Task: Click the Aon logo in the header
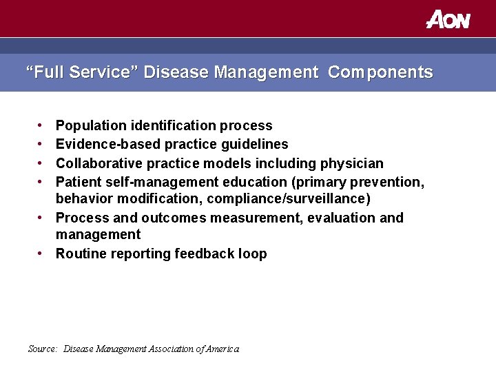pyautogui.click(x=448, y=19)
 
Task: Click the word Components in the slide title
pyautogui.click(x=380, y=72)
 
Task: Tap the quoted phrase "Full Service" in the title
pyautogui.click(x=82, y=72)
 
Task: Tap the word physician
pyautogui.click(x=351, y=163)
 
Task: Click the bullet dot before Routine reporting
pyautogui.click(x=41, y=254)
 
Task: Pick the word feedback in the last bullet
pyautogui.click(x=205, y=254)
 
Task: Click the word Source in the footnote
pyautogui.click(x=43, y=349)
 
